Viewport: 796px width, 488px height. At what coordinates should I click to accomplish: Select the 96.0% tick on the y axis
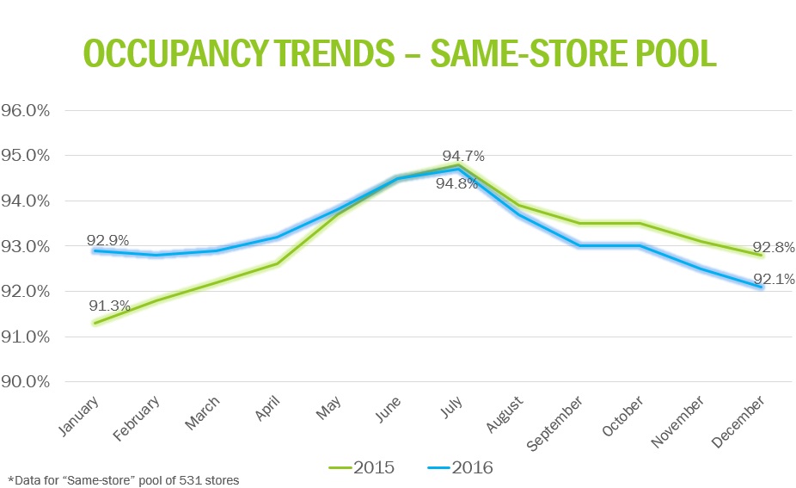(28, 111)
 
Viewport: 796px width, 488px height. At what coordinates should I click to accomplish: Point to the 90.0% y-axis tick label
(28, 382)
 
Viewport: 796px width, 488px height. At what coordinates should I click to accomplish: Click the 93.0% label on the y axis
(28, 247)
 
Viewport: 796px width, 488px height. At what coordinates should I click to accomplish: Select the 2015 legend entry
(361, 467)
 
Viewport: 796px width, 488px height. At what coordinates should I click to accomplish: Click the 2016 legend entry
(459, 467)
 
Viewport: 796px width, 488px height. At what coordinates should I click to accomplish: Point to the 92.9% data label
(107, 240)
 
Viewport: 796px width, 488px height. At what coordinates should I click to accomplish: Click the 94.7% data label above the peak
(463, 157)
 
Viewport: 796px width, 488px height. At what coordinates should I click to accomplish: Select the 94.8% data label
(456, 183)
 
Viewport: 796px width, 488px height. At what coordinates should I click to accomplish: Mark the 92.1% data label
(774, 279)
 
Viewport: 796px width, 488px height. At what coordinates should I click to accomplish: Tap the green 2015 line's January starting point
(95, 324)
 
